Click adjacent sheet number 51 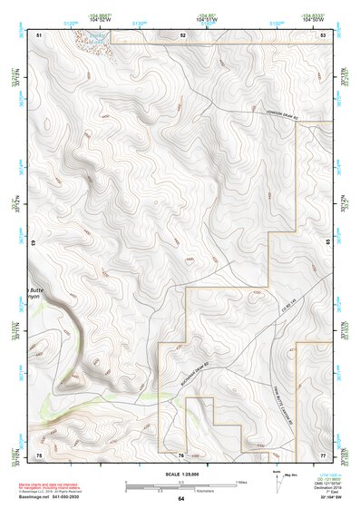[39, 34]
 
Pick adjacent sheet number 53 [322, 34]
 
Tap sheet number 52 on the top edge [182, 34]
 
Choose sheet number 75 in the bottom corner [39, 453]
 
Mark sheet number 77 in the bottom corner [322, 453]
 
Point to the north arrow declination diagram [278, 481]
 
